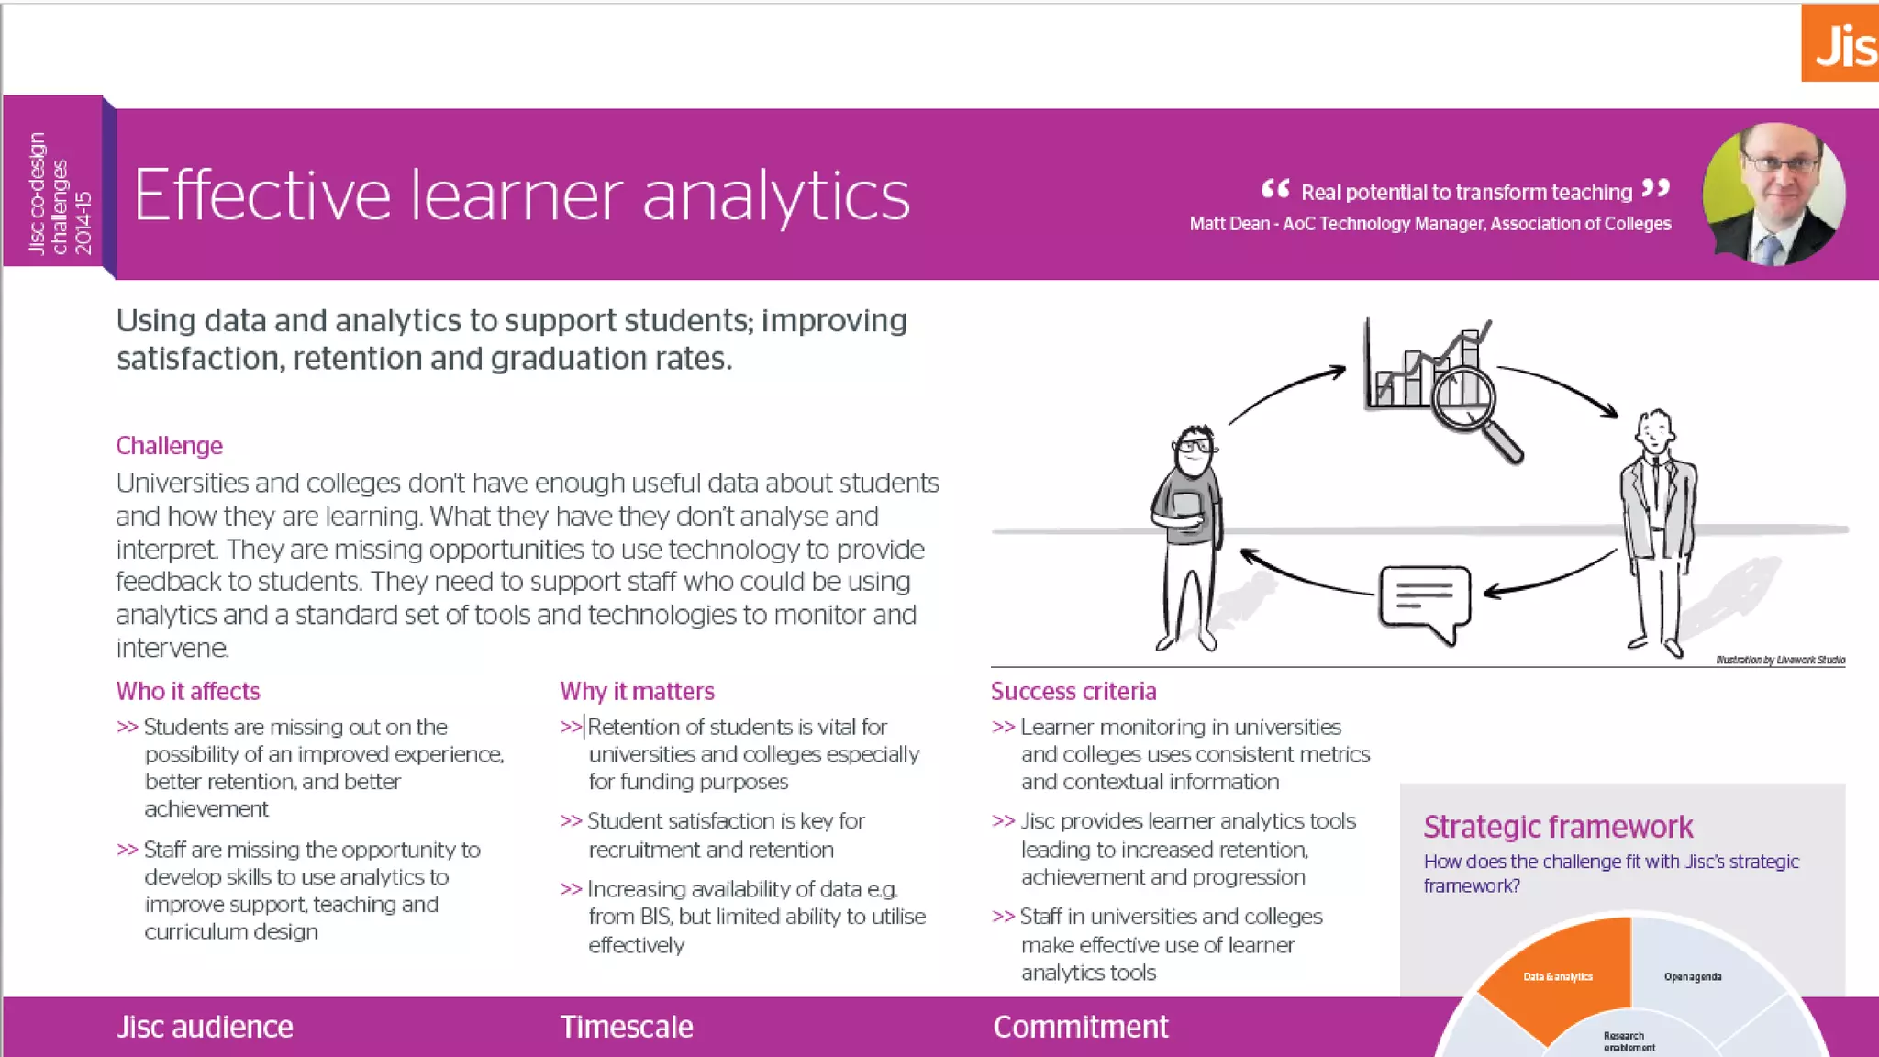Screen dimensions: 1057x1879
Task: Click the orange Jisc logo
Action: (1840, 43)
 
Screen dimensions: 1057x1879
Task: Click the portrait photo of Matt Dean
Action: (1773, 195)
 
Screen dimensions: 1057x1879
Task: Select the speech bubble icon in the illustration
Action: (1424, 599)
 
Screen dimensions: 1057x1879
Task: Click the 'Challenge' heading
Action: (170, 446)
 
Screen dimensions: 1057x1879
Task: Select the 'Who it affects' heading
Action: (188, 691)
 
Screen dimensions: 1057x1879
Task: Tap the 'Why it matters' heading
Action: (637, 691)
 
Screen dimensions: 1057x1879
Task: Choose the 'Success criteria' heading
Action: (1073, 691)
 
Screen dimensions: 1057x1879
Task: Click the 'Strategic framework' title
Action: (1558, 827)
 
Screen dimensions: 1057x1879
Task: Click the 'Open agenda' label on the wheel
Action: (1693, 976)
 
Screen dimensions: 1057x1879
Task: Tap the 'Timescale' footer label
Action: (627, 1027)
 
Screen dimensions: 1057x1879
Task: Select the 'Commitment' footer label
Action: (1081, 1027)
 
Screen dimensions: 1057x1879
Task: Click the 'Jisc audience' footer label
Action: (205, 1027)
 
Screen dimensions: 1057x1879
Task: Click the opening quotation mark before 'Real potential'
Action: (1275, 189)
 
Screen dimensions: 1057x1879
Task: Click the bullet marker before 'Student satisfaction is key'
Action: (571, 821)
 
